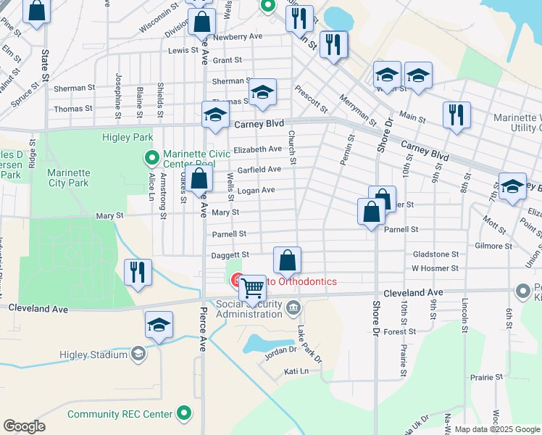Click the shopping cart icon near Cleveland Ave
coord(252,288)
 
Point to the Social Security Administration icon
coord(293,309)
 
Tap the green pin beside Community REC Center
coord(185,414)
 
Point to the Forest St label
coord(400,331)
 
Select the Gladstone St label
coord(435,254)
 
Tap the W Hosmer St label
coord(435,268)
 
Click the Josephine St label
coord(117,91)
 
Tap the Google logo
coord(24,426)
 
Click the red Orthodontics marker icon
coord(237,281)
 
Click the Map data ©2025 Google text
coord(496,429)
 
